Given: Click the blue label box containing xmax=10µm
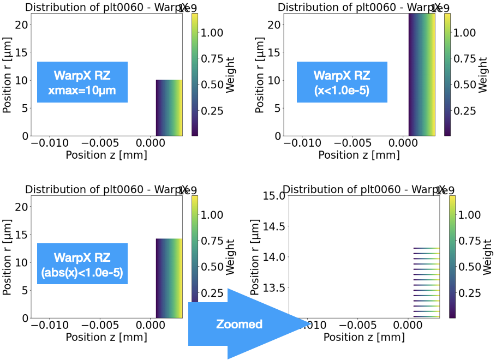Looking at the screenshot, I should click(x=82, y=82).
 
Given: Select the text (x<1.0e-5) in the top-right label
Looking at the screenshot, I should click(x=342, y=91).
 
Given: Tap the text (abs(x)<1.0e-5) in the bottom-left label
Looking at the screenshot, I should click(x=82, y=272).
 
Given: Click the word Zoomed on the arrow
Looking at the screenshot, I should click(x=239, y=324).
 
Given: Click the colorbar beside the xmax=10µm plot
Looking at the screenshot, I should click(x=195, y=75).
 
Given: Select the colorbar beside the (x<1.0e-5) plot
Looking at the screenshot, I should click(x=447, y=75).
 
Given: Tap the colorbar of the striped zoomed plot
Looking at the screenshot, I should click(x=452, y=256).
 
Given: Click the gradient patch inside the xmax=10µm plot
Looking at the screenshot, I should click(x=169, y=107).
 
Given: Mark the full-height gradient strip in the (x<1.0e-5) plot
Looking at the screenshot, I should click(x=422, y=75).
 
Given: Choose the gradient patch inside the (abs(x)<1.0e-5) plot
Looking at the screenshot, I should click(x=169, y=278).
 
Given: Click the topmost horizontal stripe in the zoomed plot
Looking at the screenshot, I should click(x=426, y=248).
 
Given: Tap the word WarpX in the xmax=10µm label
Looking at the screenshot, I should click(x=69, y=76).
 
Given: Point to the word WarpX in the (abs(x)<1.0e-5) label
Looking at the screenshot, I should click(x=69, y=257).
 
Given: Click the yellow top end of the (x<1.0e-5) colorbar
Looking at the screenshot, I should click(x=447, y=16).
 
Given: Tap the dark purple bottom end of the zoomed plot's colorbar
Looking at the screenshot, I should click(x=452, y=315).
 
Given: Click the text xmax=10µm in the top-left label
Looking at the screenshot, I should click(x=82, y=91).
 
